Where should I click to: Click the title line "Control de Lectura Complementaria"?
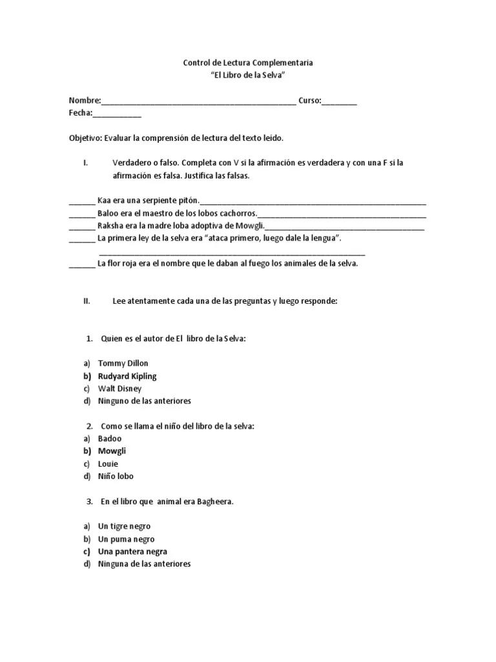pos(248,63)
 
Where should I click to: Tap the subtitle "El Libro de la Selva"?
pos(248,76)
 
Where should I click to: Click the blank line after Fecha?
pos(117,115)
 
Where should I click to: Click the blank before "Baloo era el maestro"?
pos(81,215)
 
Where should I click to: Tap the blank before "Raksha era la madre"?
pos(81,227)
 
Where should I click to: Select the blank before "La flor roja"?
pos(81,265)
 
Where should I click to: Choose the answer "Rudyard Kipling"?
pos(127,376)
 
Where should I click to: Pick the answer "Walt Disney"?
pos(119,389)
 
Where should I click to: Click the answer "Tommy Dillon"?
pos(123,363)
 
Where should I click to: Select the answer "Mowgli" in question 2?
pos(112,451)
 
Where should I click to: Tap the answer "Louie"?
pos(108,464)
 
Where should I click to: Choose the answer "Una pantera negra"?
pos(132,551)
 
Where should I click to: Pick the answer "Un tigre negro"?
pos(124,526)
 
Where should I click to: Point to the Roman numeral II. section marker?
pos(87,301)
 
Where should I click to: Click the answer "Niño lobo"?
pos(116,476)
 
